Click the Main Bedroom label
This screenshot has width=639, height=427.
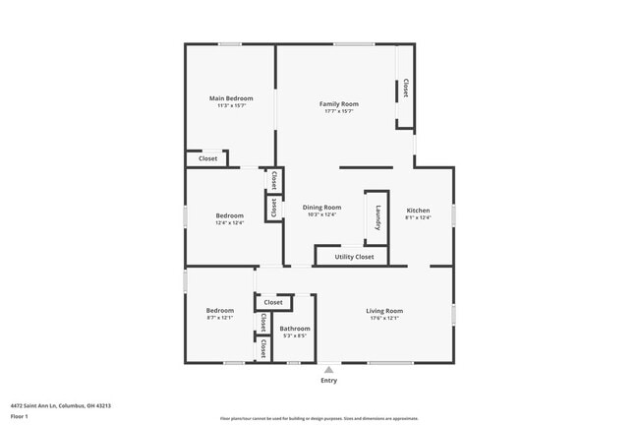pyautogui.click(x=231, y=98)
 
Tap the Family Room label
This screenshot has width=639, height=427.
pyautogui.click(x=338, y=103)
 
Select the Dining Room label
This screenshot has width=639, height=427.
pyautogui.click(x=321, y=207)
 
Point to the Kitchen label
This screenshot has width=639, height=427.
pyautogui.click(x=418, y=211)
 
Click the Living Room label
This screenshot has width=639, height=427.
pyautogui.click(x=385, y=311)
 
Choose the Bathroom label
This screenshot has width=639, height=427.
pyautogui.click(x=295, y=329)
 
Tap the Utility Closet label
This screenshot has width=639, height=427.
pyautogui.click(x=354, y=257)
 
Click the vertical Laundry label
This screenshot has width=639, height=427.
pyautogui.click(x=378, y=215)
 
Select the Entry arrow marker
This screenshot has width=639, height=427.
pyautogui.click(x=328, y=370)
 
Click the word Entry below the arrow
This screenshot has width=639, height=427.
pyautogui.click(x=328, y=381)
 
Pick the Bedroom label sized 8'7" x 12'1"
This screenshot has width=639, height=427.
pyautogui.click(x=220, y=311)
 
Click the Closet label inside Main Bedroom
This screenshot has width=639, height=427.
pyautogui.click(x=208, y=158)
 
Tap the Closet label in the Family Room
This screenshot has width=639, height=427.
pyautogui.click(x=404, y=89)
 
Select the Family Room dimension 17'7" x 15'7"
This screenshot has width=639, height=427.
pyautogui.click(x=338, y=111)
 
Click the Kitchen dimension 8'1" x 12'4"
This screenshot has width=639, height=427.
pyautogui.click(x=418, y=218)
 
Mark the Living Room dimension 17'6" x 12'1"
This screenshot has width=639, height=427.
pyautogui.click(x=385, y=319)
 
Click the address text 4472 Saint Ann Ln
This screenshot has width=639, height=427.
pyautogui.click(x=60, y=405)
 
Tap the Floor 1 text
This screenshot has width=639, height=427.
pyautogui.click(x=19, y=416)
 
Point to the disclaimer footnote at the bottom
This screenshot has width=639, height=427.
pyautogui.click(x=319, y=419)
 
